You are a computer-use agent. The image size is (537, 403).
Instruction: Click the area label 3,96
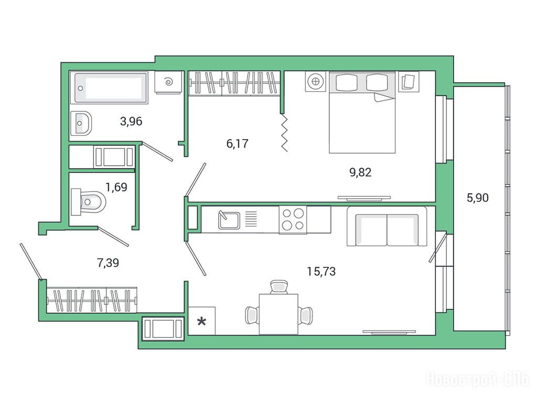(131, 121)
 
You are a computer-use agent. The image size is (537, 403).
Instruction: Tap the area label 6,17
(237, 144)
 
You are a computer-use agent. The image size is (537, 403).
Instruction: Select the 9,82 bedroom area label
(360, 172)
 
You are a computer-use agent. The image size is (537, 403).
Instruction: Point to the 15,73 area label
(321, 272)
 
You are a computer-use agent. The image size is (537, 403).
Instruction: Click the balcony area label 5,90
(478, 198)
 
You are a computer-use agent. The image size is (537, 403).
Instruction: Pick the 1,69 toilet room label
(116, 187)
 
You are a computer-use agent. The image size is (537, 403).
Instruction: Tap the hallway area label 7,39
(108, 263)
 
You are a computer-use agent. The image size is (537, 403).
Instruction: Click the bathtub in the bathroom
(109, 88)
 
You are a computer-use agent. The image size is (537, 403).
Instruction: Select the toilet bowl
(88, 202)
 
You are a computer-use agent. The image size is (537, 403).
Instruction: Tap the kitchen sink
(229, 220)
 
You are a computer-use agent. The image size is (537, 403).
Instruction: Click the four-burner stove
(293, 220)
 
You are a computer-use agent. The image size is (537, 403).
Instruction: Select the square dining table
(278, 314)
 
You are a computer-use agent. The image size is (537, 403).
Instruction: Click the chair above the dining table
(278, 287)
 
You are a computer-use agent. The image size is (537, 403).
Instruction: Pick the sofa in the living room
(387, 226)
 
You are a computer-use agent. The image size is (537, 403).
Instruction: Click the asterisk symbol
(202, 322)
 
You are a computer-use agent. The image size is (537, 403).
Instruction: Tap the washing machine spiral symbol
(168, 82)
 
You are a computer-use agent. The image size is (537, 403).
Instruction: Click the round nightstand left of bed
(315, 82)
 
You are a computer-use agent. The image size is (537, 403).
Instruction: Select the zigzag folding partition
(284, 132)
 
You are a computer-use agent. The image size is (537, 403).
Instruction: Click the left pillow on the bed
(347, 82)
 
